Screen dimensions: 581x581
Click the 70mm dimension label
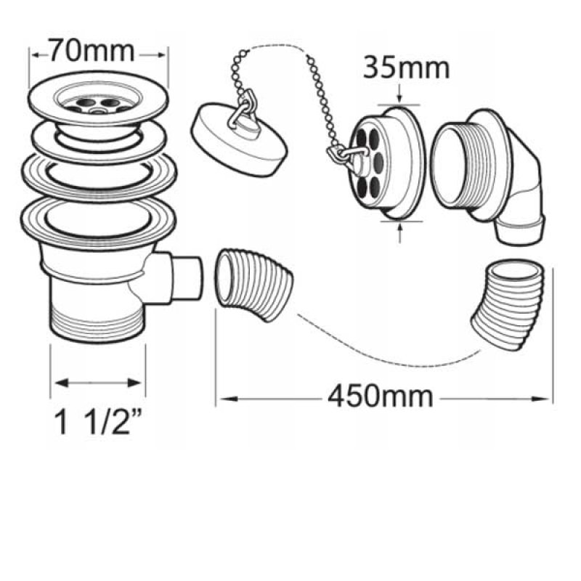tap(92, 51)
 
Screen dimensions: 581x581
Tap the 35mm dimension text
tap(406, 68)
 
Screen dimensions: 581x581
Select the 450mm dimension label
tap(381, 396)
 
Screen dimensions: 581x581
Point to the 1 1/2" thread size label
tap(97, 423)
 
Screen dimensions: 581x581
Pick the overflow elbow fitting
tap(489, 176)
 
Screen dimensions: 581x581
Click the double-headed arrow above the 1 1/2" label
tap(97, 383)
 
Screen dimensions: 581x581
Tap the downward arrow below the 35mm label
tap(399, 94)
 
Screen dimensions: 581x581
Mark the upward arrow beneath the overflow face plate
tap(399, 233)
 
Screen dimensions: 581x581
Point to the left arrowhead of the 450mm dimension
tap(228, 399)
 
